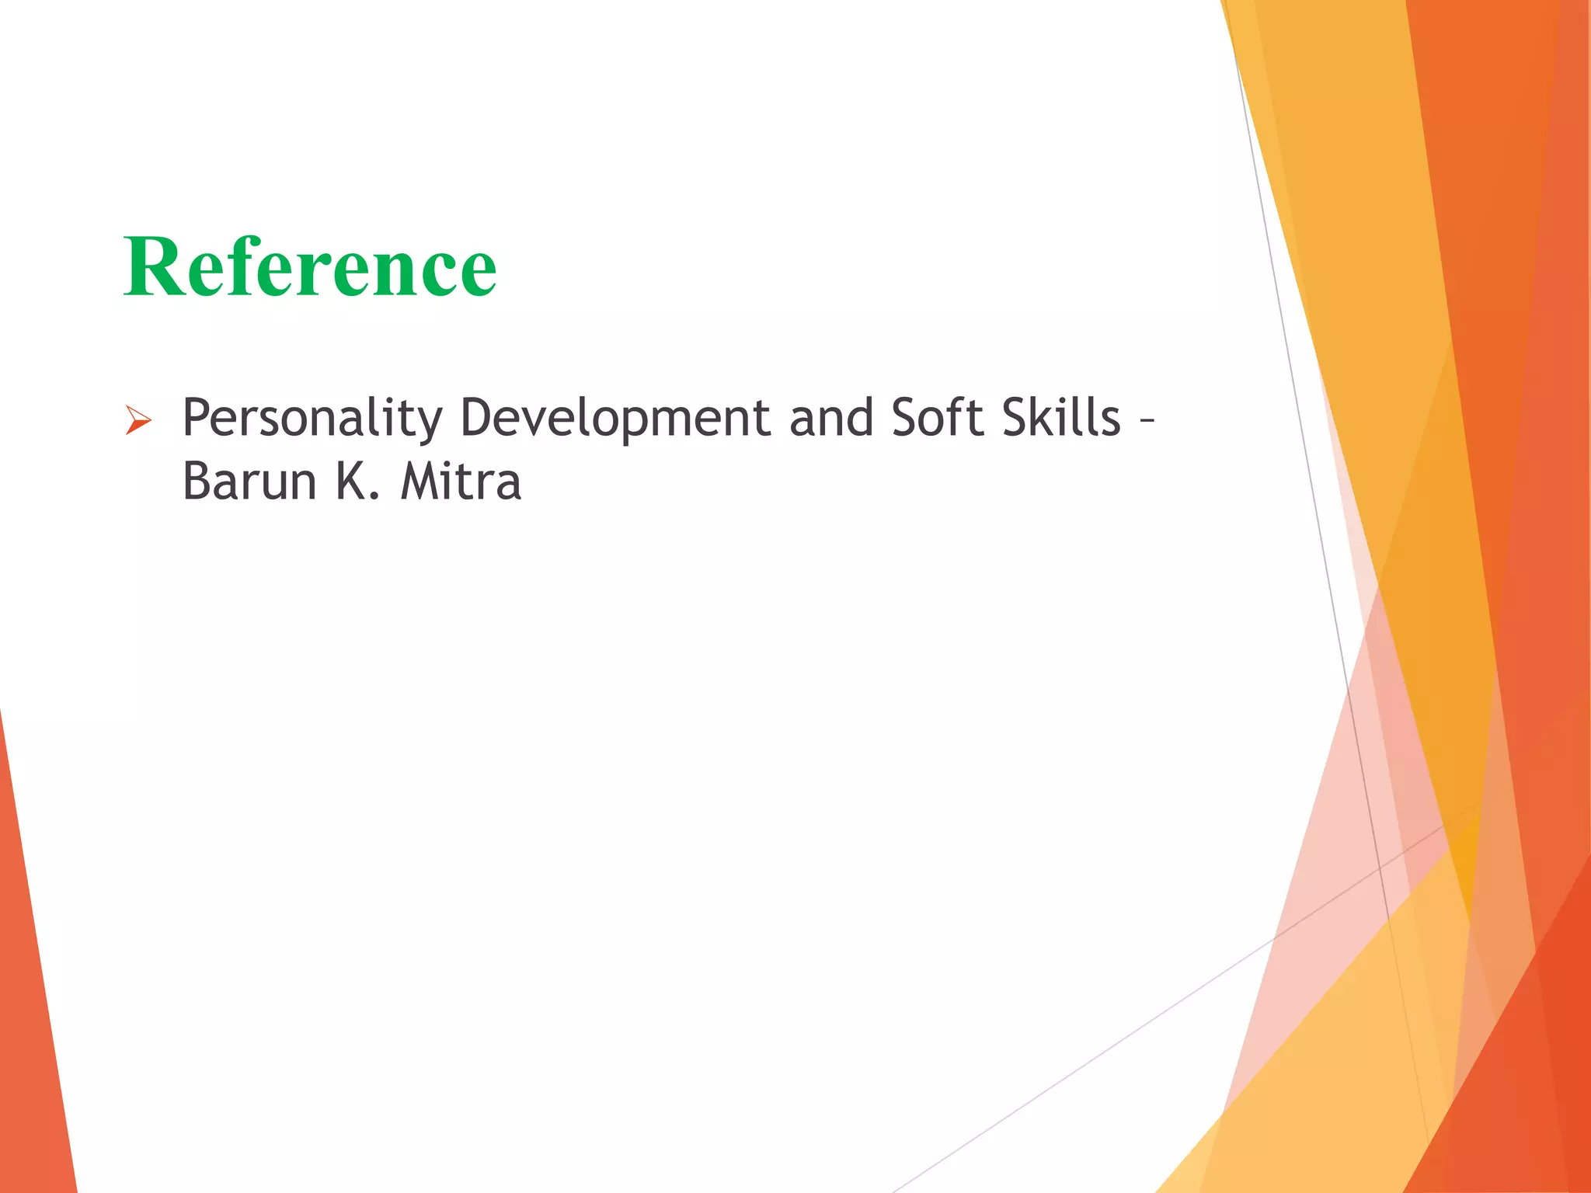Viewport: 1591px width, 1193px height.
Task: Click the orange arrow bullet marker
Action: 138,422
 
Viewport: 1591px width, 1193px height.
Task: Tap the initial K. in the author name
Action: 357,482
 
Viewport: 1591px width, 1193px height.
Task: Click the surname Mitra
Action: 461,482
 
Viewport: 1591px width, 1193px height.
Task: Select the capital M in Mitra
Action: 420,482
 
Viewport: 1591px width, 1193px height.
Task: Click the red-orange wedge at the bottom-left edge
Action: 35,1010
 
